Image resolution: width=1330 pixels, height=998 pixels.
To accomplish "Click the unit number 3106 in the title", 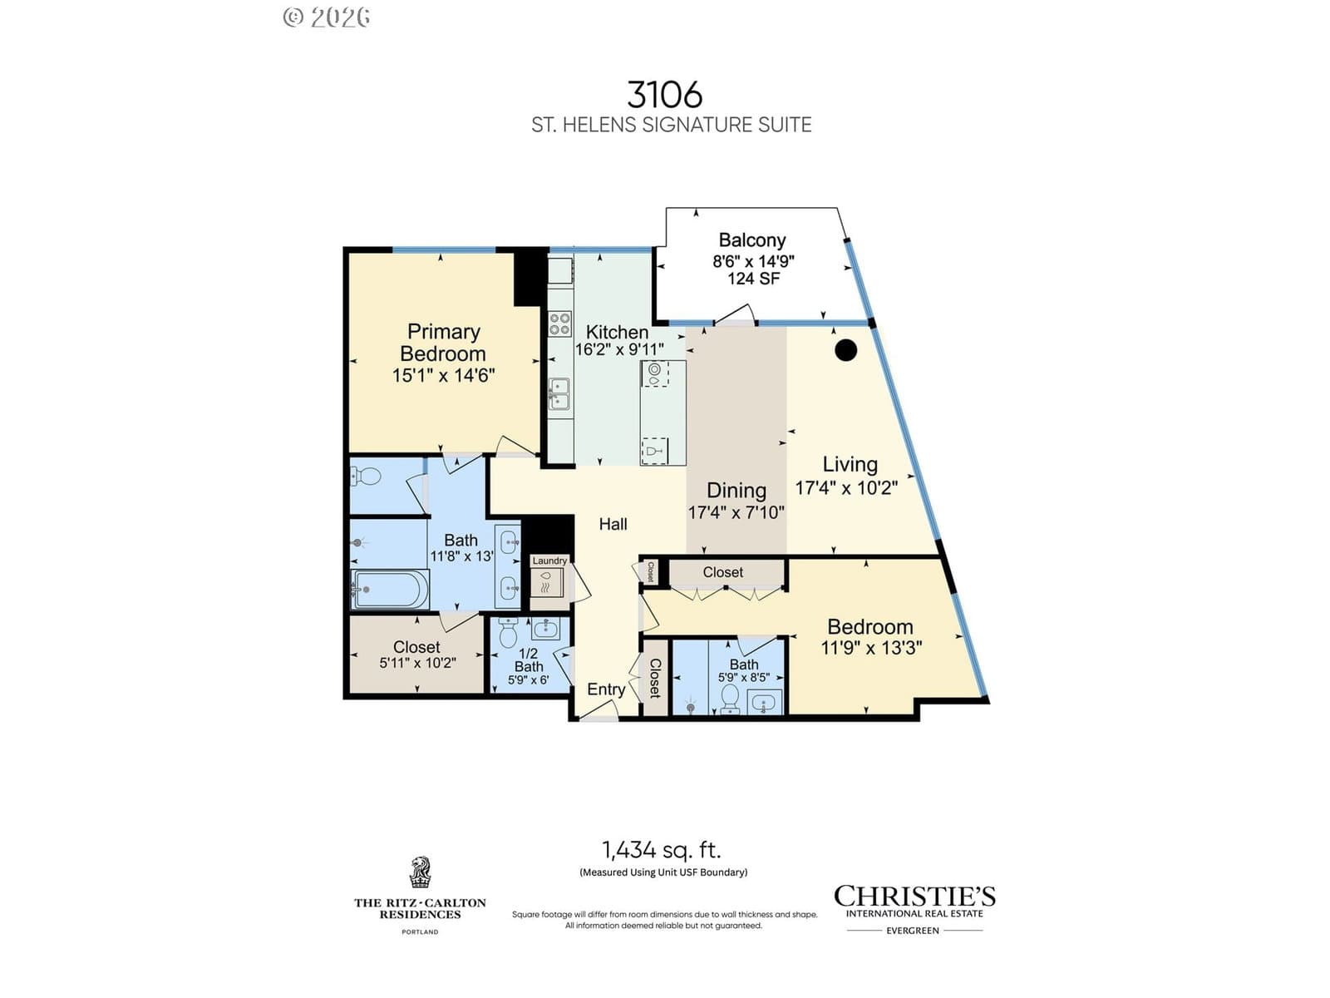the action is click(665, 95).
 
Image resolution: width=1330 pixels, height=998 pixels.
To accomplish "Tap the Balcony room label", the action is click(752, 240).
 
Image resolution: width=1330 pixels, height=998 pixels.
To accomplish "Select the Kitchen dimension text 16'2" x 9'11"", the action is click(619, 349).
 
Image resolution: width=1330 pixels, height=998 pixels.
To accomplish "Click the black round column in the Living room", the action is click(846, 349).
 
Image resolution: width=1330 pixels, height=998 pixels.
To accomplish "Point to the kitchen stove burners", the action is click(559, 324).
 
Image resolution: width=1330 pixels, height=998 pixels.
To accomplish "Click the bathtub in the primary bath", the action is click(390, 589).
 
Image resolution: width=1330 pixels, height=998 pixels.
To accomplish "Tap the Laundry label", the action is click(549, 561).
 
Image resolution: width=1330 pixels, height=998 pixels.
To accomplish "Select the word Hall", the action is click(613, 524).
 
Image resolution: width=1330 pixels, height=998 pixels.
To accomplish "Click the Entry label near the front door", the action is click(606, 689).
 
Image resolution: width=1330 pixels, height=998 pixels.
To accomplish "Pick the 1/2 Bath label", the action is click(529, 660).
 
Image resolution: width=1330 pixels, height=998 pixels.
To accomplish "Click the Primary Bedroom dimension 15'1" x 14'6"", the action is click(444, 376).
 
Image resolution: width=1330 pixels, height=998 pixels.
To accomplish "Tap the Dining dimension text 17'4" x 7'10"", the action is click(736, 512).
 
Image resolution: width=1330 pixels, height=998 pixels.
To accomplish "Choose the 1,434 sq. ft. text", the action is click(662, 850).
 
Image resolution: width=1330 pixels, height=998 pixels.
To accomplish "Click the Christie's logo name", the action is click(914, 897).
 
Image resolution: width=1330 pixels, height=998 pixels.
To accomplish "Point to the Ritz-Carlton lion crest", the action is click(420, 872).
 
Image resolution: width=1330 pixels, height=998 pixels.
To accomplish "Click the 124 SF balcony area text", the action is click(754, 279).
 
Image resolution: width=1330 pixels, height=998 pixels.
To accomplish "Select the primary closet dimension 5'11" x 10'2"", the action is click(417, 663).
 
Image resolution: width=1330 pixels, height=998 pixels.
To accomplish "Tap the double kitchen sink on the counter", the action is click(559, 394).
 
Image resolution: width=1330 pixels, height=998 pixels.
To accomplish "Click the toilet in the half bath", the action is click(508, 633).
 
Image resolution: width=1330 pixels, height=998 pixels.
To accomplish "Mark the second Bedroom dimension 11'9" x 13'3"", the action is click(871, 649).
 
